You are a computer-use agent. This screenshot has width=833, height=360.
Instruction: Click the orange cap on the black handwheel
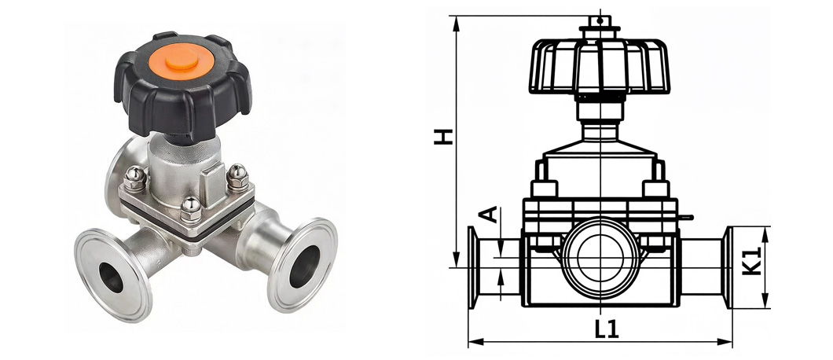click(x=182, y=61)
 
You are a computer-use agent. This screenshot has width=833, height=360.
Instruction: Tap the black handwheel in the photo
click(x=182, y=85)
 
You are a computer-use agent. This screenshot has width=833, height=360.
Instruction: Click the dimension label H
click(x=443, y=136)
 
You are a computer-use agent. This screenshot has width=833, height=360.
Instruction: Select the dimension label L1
click(x=606, y=329)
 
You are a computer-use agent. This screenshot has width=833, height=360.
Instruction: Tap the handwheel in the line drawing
click(x=600, y=67)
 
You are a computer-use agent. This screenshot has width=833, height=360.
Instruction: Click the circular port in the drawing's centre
click(x=600, y=257)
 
